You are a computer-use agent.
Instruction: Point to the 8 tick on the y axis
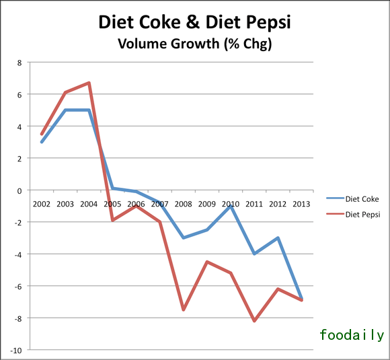pos(19,63)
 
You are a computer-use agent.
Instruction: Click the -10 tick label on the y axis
pos(15,350)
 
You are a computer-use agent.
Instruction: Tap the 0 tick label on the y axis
pos(19,190)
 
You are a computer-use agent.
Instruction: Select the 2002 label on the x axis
pos(42,204)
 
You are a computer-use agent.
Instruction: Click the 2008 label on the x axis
pos(183,204)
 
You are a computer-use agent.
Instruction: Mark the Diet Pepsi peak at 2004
pos(89,83)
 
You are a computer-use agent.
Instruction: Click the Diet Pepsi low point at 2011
pos(254,321)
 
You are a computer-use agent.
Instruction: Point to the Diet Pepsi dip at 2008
pos(183,310)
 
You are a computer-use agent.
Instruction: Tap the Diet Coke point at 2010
pos(231,206)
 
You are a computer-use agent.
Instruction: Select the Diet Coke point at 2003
pos(65,110)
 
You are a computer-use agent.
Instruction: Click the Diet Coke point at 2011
pos(254,254)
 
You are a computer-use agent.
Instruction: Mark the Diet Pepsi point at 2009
pos(206,262)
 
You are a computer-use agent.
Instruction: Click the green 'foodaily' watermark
pos(352,334)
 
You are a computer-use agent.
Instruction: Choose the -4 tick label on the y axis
pos(17,254)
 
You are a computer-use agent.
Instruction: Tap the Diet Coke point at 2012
pos(278,238)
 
